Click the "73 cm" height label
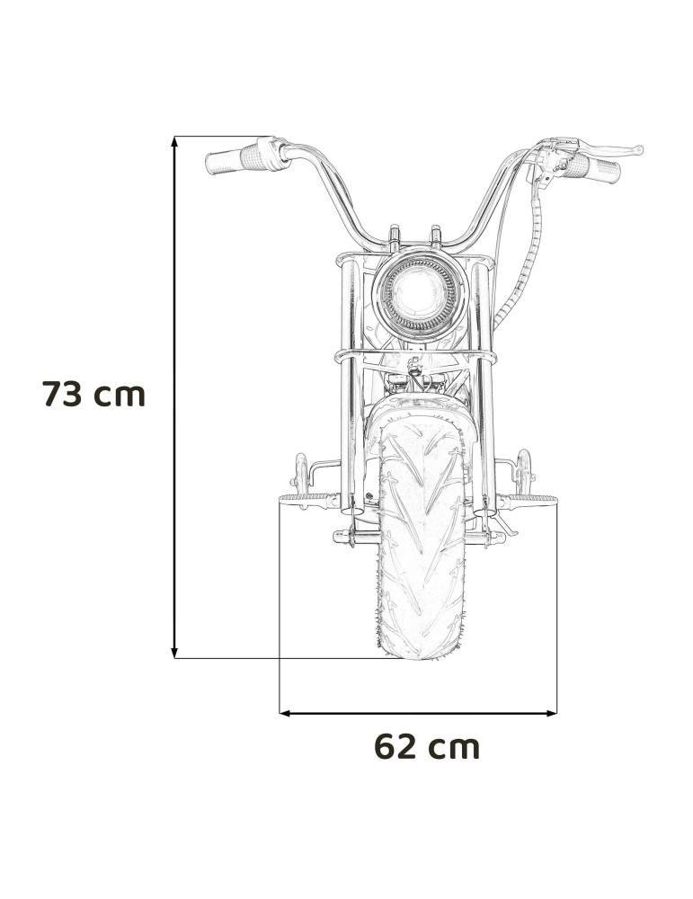pos(93,394)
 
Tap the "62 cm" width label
pos(427,746)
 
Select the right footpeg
pos(537,499)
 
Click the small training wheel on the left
pos(299,469)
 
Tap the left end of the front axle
pos(342,538)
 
